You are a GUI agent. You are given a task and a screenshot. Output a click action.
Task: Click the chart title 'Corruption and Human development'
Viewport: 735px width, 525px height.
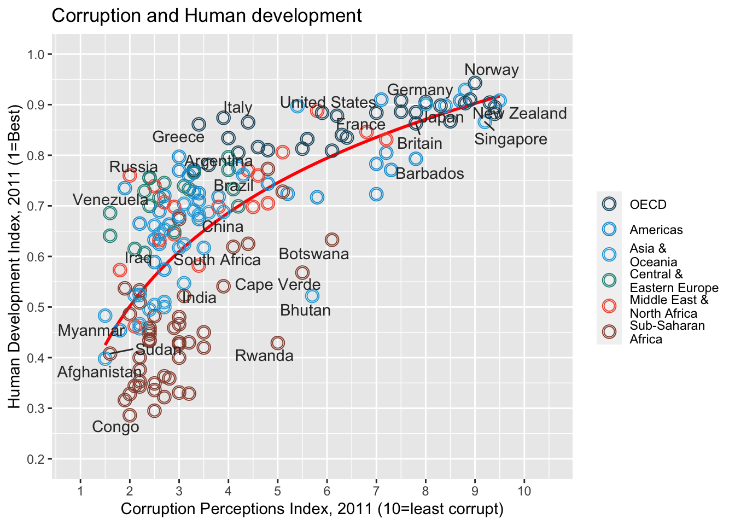(x=206, y=16)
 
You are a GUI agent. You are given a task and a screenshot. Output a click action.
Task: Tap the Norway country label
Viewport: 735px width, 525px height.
(x=491, y=70)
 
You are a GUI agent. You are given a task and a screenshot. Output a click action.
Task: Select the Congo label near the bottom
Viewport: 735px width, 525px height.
(x=115, y=427)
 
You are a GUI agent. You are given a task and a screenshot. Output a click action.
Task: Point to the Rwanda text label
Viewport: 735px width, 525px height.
(x=264, y=356)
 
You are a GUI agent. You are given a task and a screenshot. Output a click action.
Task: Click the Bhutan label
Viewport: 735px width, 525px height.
(x=305, y=311)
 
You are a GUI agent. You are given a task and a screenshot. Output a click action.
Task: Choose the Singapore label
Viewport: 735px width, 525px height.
(x=510, y=139)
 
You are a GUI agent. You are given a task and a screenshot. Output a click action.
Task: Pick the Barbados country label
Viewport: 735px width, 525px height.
(x=429, y=174)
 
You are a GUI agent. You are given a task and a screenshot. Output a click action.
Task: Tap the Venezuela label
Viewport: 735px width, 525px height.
(x=110, y=200)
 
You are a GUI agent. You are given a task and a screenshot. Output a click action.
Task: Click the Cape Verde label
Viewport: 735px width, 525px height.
(x=278, y=285)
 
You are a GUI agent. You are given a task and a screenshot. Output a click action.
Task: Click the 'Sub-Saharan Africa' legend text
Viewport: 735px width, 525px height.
(x=667, y=332)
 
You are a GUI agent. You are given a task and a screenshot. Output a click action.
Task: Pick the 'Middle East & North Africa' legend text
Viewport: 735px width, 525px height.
(x=669, y=307)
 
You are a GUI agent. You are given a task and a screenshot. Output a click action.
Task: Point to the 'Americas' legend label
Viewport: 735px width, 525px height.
(x=656, y=230)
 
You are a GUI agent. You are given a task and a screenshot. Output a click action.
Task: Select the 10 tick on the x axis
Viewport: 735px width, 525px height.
(x=524, y=491)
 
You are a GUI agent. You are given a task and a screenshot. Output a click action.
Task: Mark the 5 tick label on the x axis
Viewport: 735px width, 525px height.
(x=277, y=491)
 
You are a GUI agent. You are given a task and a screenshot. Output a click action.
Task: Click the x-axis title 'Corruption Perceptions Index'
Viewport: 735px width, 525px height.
(x=312, y=509)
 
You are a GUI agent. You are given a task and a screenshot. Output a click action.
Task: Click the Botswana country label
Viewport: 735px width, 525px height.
(x=313, y=254)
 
